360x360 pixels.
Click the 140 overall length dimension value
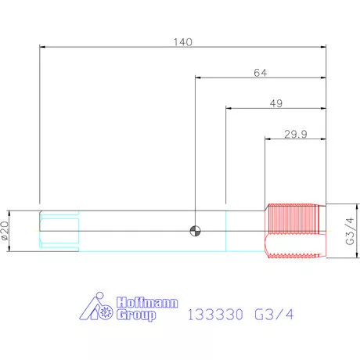[183, 42]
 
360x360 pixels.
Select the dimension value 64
[261, 73]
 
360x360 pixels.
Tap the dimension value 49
[276, 103]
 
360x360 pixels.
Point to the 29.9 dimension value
[296, 134]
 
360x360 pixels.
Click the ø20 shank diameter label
[5, 231]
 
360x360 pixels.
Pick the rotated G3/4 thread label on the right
[350, 231]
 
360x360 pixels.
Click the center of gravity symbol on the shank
[195, 231]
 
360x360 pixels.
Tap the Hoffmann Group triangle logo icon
[95, 306]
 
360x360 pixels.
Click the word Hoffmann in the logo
[147, 302]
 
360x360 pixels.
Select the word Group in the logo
[136, 315]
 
